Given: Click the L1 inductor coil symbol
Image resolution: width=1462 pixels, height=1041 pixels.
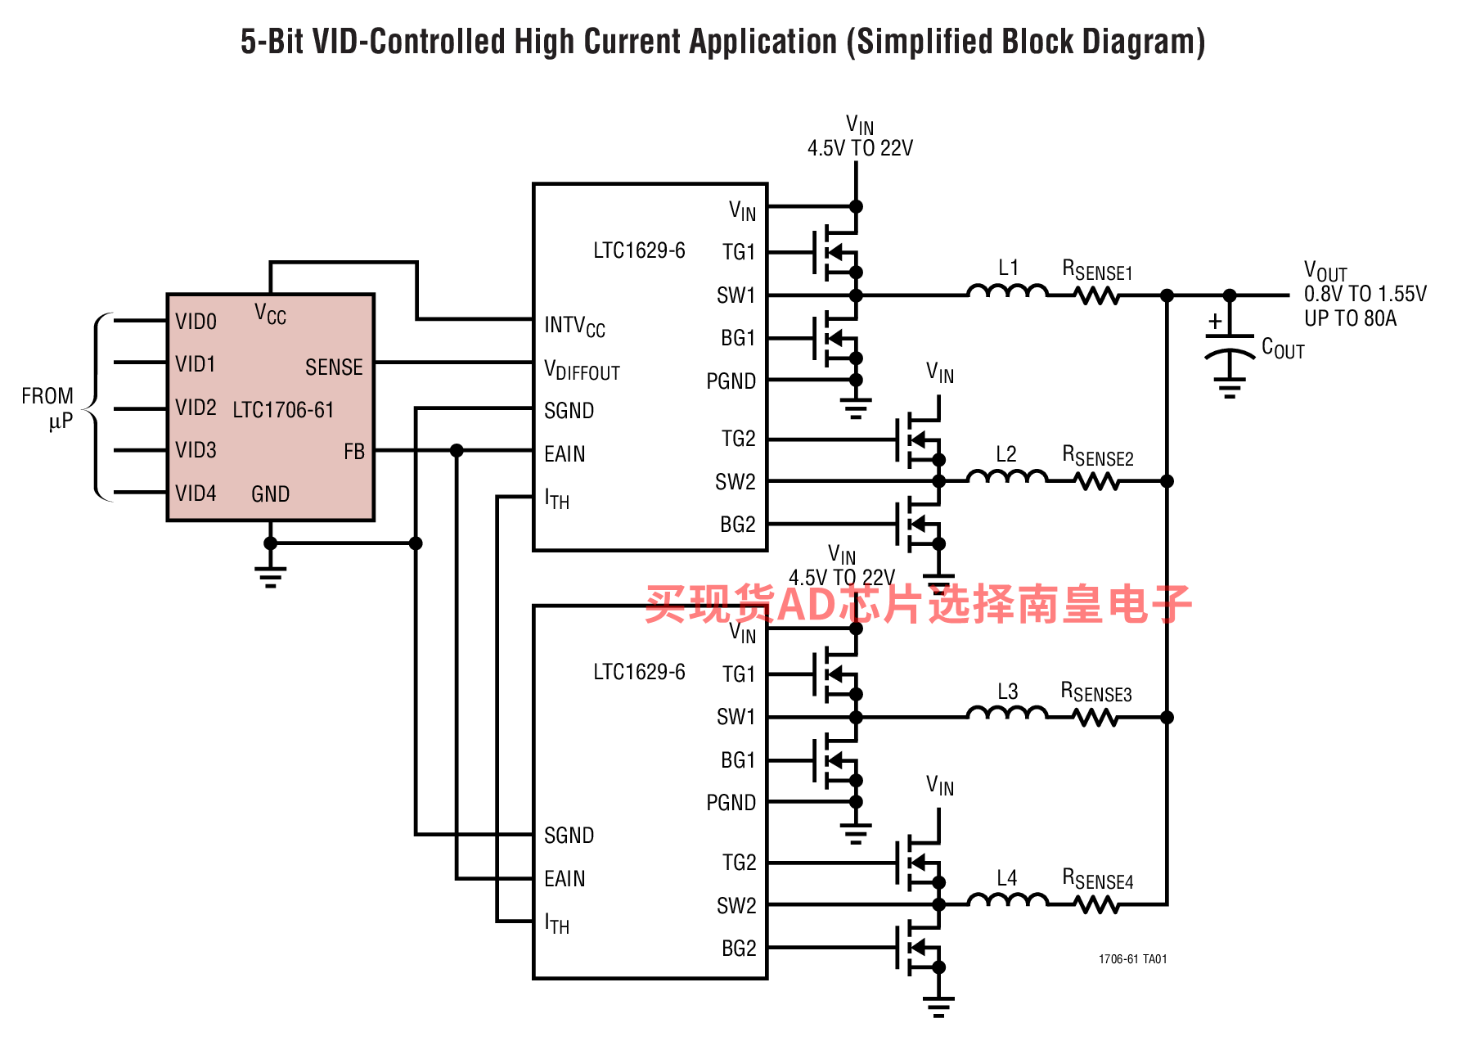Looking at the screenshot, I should (x=1007, y=291).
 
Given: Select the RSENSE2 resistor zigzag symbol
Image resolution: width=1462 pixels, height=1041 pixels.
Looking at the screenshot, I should (x=1097, y=481).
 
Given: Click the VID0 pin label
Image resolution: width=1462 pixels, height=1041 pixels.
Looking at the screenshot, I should (x=196, y=322).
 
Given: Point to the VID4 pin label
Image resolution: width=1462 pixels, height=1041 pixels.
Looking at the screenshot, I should (x=196, y=493).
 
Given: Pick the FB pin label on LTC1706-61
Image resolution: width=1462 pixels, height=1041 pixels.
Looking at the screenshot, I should (x=353, y=452).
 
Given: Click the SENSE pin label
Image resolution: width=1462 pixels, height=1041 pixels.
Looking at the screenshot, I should (x=334, y=367).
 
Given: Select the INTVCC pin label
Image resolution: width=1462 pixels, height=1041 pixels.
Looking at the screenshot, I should (x=574, y=327).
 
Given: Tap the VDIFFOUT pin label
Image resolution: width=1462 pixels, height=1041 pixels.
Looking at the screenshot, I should (x=582, y=371).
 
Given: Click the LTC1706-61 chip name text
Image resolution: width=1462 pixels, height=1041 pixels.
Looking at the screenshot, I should (x=283, y=409).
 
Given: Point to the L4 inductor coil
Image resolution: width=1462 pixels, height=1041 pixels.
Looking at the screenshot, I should (x=1007, y=900).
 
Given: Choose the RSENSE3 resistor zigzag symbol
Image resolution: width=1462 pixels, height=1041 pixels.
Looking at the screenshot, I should (x=1095, y=718).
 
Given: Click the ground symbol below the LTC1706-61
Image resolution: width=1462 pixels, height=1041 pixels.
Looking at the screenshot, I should (x=270, y=576).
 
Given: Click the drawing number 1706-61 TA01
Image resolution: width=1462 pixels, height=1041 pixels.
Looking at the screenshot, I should (x=1132, y=959).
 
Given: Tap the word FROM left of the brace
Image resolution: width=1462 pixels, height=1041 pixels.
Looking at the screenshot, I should (x=47, y=396).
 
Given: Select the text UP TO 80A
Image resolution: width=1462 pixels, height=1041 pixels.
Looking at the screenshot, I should (x=1350, y=318).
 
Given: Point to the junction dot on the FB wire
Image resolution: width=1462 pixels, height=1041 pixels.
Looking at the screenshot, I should (x=457, y=450).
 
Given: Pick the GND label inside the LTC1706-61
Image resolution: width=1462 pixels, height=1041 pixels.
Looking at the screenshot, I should (x=270, y=494).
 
